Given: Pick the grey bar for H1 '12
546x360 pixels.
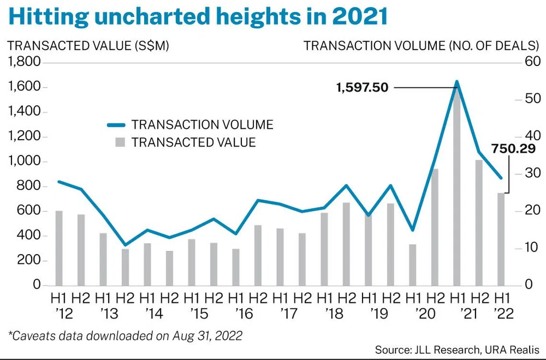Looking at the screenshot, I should [x=59, y=248].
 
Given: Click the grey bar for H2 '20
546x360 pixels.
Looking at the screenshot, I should [x=435, y=227].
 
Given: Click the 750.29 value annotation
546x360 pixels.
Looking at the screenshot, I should [x=515, y=150].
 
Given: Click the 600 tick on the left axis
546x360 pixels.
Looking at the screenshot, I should [x=30, y=211].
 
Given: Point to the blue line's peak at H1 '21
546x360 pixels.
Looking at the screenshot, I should [x=457, y=82].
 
